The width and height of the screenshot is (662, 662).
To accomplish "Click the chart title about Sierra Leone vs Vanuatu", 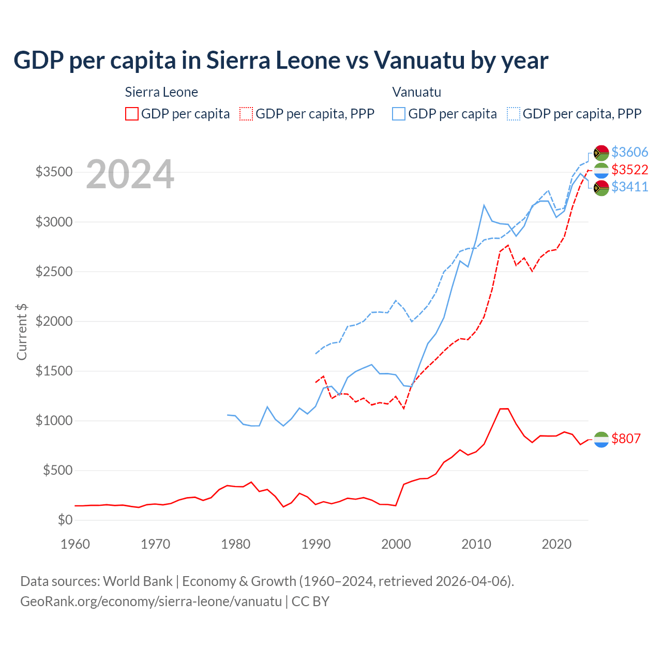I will tap(281, 61).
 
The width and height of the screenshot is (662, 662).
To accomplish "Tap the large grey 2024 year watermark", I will tap(130, 174).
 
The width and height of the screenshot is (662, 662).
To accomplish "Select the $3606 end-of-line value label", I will tap(629, 152).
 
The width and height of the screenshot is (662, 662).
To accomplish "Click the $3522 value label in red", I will tap(629, 170).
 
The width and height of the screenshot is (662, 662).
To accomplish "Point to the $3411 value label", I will tap(629, 187).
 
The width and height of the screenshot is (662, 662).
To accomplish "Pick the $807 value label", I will tap(626, 439).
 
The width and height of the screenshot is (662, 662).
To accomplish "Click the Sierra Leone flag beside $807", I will tap(601, 439).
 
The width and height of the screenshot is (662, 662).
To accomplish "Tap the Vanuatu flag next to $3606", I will tap(601, 153).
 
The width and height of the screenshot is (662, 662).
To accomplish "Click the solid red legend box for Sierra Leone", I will tap(132, 114).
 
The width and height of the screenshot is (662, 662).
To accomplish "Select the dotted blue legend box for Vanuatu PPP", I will tap(514, 114).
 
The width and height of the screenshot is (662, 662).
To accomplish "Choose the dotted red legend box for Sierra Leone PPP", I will tap(246, 114).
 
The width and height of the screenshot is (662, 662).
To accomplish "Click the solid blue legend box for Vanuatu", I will tap(399, 114).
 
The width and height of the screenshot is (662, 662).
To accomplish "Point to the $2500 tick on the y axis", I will tap(54, 272).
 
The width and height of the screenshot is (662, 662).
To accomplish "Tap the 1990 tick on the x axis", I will tap(316, 544).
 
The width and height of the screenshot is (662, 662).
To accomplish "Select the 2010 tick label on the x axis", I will tap(476, 544).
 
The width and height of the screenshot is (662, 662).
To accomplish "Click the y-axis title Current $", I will tap(22, 332).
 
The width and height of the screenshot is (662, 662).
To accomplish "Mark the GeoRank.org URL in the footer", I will tap(151, 601).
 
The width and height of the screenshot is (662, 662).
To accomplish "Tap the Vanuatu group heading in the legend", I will tap(416, 92).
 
